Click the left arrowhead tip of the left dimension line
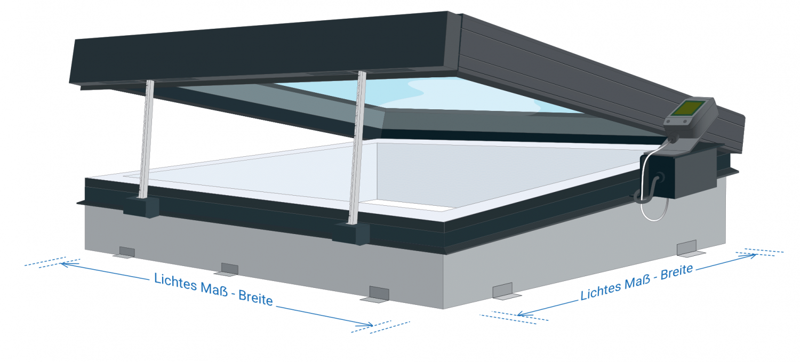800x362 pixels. [x=60, y=264]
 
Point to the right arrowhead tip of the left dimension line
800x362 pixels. [x=373, y=325]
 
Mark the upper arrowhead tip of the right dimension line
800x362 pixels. [x=757, y=255]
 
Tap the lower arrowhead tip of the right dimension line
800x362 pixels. [x=517, y=315]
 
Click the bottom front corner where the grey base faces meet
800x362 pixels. [x=444, y=309]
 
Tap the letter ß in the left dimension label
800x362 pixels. [x=223, y=291]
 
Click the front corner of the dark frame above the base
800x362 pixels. [x=444, y=222]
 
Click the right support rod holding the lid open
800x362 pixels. [x=358, y=148]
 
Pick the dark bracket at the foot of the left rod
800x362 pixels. [x=141, y=207]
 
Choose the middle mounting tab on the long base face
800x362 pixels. [x=228, y=270]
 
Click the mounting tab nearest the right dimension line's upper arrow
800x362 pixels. [x=689, y=248]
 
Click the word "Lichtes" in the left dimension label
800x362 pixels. [x=175, y=281]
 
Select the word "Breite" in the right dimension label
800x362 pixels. [x=677, y=272]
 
